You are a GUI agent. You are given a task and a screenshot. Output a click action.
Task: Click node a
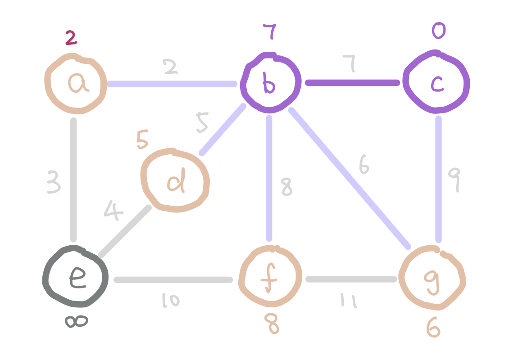pos(76,84)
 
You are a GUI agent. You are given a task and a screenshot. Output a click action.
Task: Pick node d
pos(175,180)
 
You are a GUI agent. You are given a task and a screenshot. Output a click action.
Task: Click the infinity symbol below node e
pos(76,321)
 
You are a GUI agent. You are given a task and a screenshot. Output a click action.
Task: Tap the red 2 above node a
pos(71,38)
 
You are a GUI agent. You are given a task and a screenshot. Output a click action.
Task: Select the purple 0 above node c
pos(438,31)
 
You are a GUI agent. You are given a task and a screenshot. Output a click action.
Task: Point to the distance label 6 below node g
pos(433,328)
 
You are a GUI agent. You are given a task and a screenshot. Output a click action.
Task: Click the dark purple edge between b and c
pos(352,83)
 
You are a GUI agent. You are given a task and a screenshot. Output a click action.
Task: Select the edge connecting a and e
pos(74,180)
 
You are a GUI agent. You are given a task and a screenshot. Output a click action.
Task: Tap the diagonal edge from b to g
pos(349,178)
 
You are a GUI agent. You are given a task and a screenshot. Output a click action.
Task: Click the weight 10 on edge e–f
pos(171,300)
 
